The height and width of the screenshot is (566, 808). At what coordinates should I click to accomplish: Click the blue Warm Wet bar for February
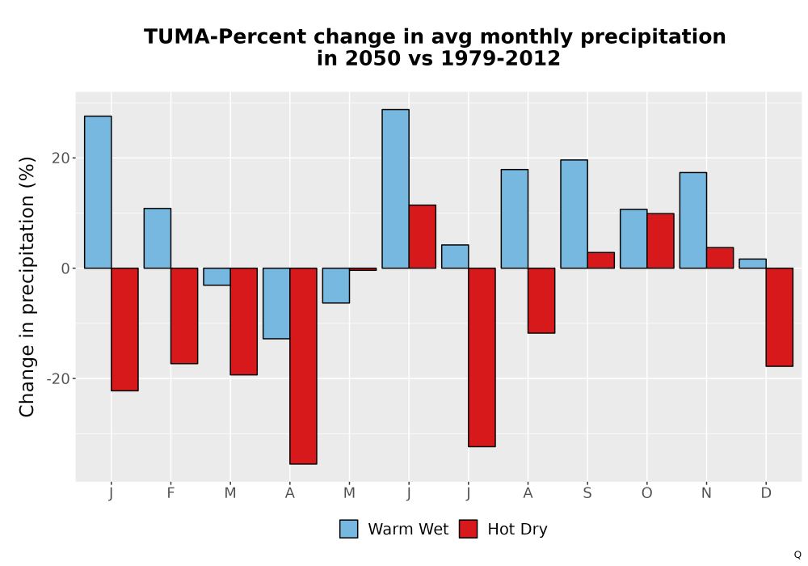click(158, 239)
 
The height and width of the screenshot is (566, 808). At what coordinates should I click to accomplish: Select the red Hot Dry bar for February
click(184, 316)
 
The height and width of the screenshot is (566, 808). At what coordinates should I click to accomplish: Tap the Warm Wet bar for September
click(574, 214)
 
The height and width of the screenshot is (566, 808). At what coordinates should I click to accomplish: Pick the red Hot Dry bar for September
click(601, 260)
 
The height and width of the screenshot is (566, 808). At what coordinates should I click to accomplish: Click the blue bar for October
click(633, 239)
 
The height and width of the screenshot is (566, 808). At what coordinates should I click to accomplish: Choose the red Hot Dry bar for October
click(661, 241)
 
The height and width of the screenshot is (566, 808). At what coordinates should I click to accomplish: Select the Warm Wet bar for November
click(693, 220)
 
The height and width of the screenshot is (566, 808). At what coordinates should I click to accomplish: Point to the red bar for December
click(780, 317)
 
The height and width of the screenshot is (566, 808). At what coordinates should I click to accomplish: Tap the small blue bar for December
click(752, 264)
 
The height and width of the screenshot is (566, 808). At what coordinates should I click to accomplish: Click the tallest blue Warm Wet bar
click(395, 188)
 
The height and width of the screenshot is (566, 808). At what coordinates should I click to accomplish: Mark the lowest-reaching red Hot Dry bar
click(304, 366)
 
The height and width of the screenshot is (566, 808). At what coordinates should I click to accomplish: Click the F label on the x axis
click(170, 493)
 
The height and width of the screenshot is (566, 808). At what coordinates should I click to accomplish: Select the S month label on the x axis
click(587, 493)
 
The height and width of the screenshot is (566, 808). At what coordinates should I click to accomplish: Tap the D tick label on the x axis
click(766, 493)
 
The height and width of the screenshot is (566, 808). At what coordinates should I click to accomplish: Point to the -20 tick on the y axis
click(57, 379)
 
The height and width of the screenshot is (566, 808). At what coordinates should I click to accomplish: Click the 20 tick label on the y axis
click(61, 158)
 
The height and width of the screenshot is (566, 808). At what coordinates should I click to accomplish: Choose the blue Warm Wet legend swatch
click(349, 529)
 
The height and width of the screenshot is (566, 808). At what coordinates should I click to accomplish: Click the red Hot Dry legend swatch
click(468, 529)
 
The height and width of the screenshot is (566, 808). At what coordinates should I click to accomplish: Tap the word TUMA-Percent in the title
click(225, 36)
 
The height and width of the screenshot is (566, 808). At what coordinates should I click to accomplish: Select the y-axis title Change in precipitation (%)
click(27, 286)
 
